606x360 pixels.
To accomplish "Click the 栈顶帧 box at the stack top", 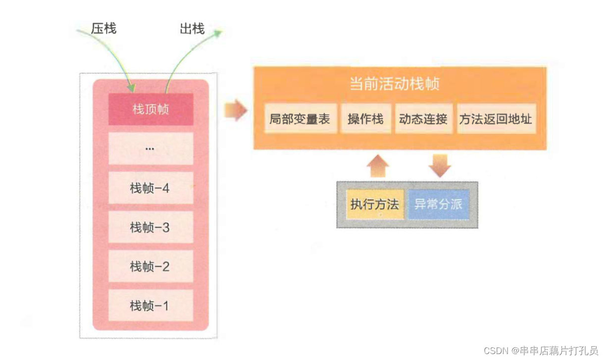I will tap(151, 109).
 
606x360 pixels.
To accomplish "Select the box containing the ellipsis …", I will tap(151, 149).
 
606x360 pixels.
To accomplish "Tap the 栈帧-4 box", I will tap(151, 188).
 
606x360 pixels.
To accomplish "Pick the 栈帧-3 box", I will tap(151, 227).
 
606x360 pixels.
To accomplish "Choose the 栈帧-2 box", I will tap(151, 266).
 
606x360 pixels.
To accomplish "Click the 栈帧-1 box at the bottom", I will tap(151, 306).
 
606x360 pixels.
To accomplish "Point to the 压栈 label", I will tap(103, 29).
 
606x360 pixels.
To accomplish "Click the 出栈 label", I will tap(192, 29).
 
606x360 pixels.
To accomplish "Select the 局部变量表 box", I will tap(300, 119).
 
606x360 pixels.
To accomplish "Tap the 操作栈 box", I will tap(365, 119).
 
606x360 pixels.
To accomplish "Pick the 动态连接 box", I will tap(423, 119).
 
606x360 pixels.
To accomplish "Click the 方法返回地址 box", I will tap(496, 119).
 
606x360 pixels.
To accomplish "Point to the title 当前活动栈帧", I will tap(394, 84).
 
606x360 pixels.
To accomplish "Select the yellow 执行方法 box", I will tap(375, 204).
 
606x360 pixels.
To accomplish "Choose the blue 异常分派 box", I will tap(438, 204).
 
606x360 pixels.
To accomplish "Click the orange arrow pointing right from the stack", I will tap(236, 110).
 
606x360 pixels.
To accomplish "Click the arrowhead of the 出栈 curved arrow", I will tap(218, 33).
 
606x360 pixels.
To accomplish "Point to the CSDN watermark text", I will tap(541, 351).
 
